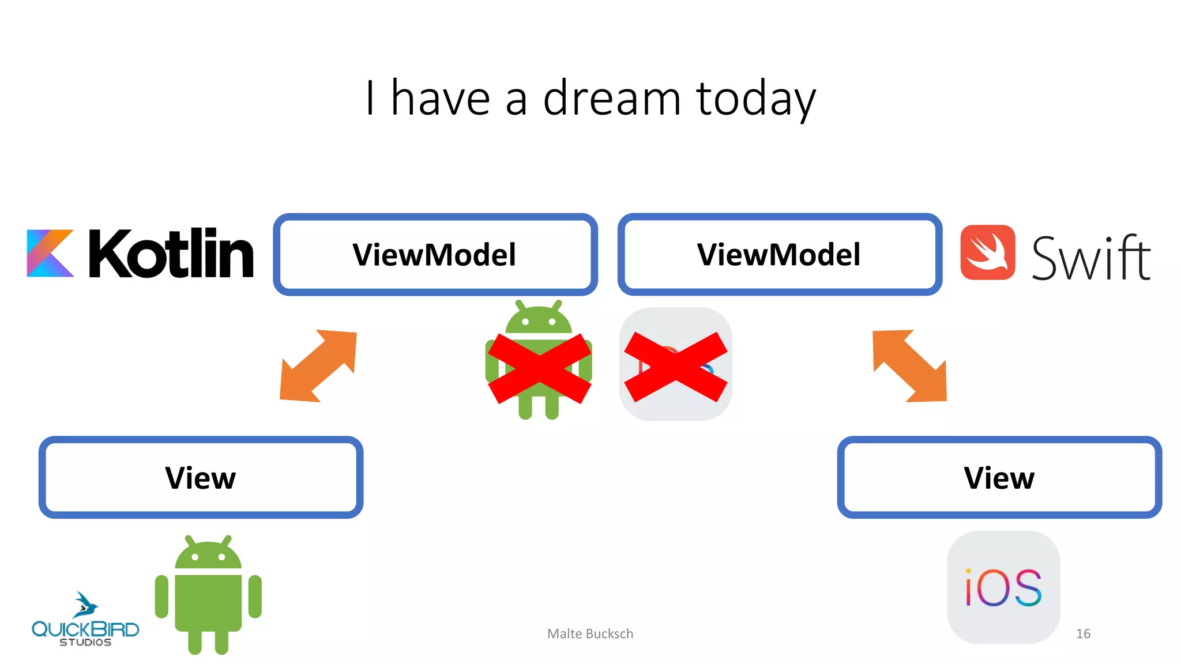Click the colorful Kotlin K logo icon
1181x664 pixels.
coord(50,254)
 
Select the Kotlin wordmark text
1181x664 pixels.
coord(171,254)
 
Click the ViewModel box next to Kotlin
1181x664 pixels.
coord(435,255)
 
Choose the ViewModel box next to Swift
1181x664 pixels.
coord(779,255)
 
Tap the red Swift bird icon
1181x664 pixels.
coord(987,252)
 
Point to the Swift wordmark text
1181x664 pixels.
coord(1090,258)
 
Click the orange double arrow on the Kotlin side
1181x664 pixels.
coord(318,365)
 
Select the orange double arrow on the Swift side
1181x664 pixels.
coord(910,365)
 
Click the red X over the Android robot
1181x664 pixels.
coord(539,369)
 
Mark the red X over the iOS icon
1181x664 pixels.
coord(675,367)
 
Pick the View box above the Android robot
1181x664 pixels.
coord(201,477)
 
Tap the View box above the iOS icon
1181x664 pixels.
coord(999,477)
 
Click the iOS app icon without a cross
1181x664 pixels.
coord(1003,587)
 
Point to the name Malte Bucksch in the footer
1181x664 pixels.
coord(590,633)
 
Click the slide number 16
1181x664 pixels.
coord(1083,633)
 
